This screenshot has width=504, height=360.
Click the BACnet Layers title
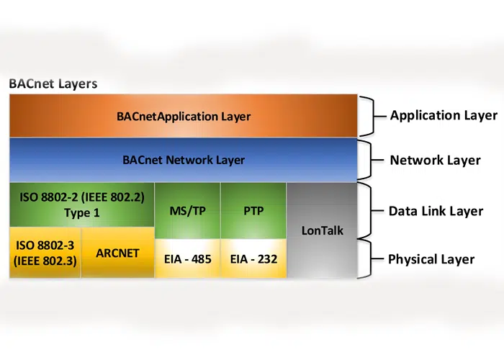53,84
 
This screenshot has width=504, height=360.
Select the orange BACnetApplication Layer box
184,115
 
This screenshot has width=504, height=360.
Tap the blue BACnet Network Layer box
184,160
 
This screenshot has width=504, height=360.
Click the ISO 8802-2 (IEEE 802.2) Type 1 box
81,204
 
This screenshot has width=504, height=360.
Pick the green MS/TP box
187,212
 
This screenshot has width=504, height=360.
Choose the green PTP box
253,212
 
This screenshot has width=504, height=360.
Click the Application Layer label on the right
443,115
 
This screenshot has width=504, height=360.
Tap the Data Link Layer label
436,212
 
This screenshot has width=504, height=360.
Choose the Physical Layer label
431,259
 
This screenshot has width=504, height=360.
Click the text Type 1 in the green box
81,213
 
